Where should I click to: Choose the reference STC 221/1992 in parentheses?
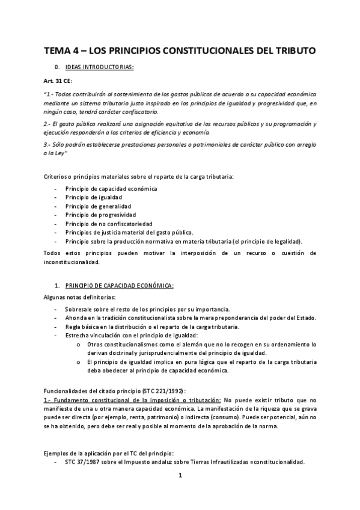(155, 390)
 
